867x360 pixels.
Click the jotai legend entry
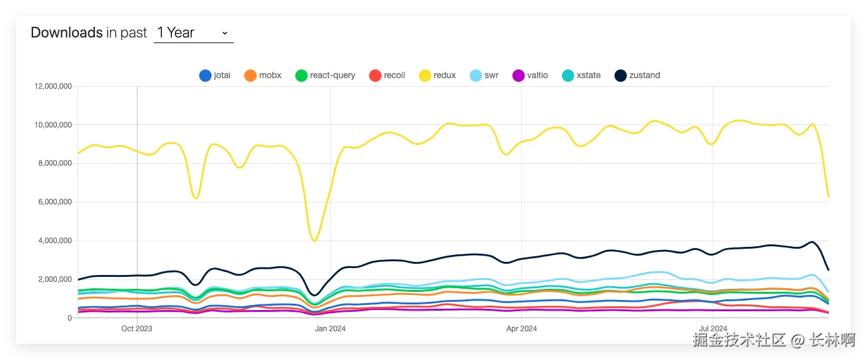pyautogui.click(x=214, y=76)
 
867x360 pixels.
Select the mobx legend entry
pyautogui.click(x=263, y=76)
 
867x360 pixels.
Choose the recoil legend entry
pyautogui.click(x=387, y=76)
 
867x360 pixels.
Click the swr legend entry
pyautogui.click(x=484, y=76)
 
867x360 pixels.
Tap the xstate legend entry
pyautogui.click(x=581, y=76)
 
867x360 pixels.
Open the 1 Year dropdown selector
pyautogui.click(x=193, y=33)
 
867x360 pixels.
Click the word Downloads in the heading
pyautogui.click(x=66, y=33)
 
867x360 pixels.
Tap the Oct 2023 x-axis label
pyautogui.click(x=137, y=328)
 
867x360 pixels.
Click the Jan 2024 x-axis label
pyautogui.click(x=330, y=328)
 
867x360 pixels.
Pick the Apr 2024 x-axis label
pyautogui.click(x=521, y=328)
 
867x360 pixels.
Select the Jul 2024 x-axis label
pyautogui.click(x=713, y=328)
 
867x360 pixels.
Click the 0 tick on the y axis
pyautogui.click(x=69, y=318)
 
